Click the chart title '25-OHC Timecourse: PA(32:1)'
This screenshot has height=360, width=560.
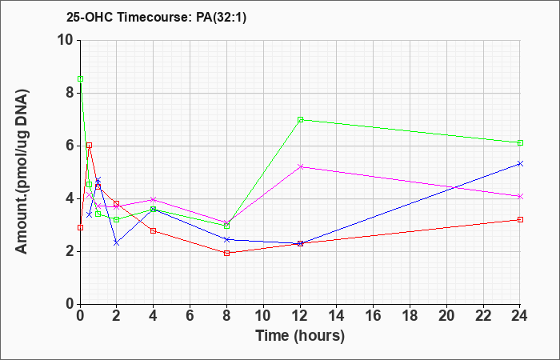[x=156, y=17]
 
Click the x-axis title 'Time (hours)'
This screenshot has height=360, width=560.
[x=300, y=336]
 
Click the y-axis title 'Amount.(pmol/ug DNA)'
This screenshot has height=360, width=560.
[x=22, y=171]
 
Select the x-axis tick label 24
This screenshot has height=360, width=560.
[x=520, y=316]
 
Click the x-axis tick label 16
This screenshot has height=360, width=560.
[x=374, y=316]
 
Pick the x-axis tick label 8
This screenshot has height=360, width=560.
[x=226, y=316]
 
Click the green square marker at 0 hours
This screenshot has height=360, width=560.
[x=80, y=79]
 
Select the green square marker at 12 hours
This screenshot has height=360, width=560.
[x=300, y=120]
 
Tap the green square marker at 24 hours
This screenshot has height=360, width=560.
[x=520, y=143]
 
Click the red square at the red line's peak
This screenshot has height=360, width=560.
[x=90, y=146]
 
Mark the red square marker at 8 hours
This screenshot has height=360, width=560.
[x=226, y=254]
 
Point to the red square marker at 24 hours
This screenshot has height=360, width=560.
[x=520, y=220]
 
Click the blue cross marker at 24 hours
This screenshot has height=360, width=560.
[x=520, y=163]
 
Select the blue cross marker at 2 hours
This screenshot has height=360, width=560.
[x=117, y=243]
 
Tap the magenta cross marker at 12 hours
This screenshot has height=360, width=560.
[x=300, y=166]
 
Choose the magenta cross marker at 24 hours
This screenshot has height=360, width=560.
[x=520, y=197]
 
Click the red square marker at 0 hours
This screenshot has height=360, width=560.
[x=80, y=227]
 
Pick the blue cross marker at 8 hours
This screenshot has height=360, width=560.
[x=226, y=239]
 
